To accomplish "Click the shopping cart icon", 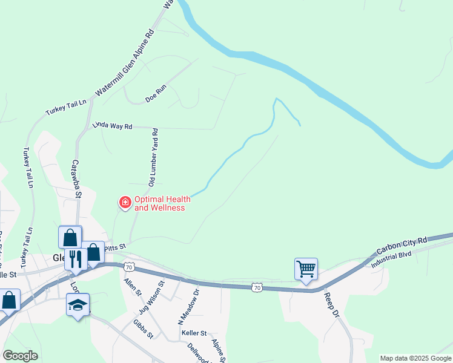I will click(306, 268).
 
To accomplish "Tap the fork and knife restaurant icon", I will click(76, 258).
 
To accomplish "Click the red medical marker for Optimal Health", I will click(125, 202).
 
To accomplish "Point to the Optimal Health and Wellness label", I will click(159, 203).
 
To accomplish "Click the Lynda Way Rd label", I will click(112, 126).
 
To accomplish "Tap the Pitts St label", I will click(114, 247).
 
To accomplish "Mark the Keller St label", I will click(194, 333).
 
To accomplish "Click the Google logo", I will click(20, 356).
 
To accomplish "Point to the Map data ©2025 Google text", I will click(415, 358).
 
